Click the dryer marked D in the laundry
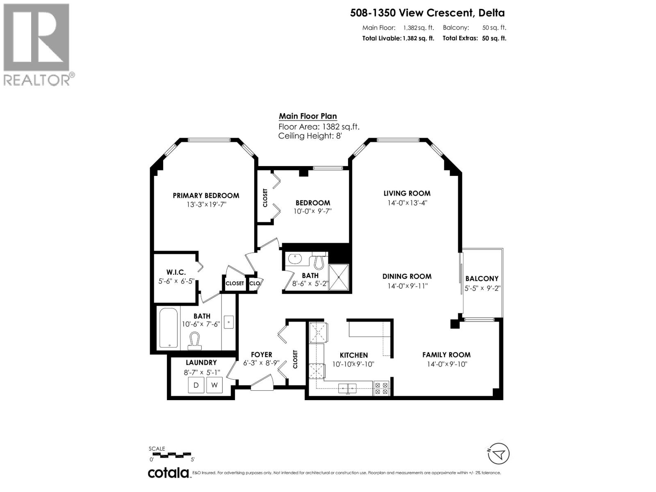[196, 385]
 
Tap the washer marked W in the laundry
[214, 385]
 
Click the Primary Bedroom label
[206, 196]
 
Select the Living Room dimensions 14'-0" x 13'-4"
[407, 203]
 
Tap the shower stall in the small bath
[339, 277]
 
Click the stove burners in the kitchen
[381, 388]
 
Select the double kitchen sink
[347, 388]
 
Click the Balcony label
[482, 279]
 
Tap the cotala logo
[168, 473]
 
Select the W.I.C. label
[176, 272]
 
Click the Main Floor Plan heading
[308, 116]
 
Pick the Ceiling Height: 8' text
[310, 136]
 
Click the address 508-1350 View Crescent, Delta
[427, 13]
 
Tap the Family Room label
[446, 355]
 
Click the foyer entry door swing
[262, 385]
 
